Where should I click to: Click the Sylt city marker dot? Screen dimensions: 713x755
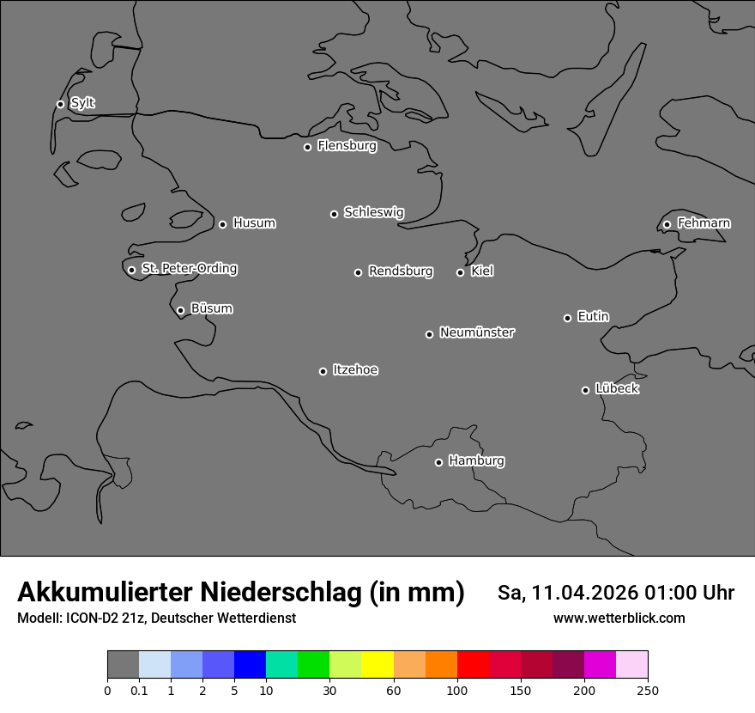[x=60, y=104]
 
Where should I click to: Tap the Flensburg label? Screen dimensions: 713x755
[x=347, y=146]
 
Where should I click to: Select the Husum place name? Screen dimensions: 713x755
[x=254, y=223]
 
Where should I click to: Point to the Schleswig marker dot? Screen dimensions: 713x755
[x=334, y=214]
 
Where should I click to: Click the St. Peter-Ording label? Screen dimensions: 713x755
[x=190, y=269]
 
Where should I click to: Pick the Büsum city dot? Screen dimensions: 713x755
[x=180, y=310]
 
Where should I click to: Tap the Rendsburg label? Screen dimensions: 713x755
[x=401, y=271]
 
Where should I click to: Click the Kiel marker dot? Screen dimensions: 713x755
[x=460, y=272]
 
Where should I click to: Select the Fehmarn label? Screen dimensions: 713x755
[x=704, y=223]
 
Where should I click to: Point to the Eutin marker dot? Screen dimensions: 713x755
[x=567, y=318]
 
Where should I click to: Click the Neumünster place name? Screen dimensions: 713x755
[x=477, y=332]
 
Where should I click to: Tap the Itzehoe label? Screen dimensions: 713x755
[x=355, y=370]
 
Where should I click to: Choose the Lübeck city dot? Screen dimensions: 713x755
[x=585, y=390]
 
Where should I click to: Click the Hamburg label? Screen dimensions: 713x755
[x=476, y=461]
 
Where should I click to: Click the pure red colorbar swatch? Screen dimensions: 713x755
[x=473, y=665]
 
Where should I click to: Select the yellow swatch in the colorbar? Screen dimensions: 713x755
[x=377, y=665]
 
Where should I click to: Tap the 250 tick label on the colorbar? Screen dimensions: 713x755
[x=648, y=690]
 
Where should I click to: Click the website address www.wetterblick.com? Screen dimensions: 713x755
[x=619, y=619]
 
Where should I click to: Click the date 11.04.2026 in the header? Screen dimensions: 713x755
[x=584, y=593]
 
